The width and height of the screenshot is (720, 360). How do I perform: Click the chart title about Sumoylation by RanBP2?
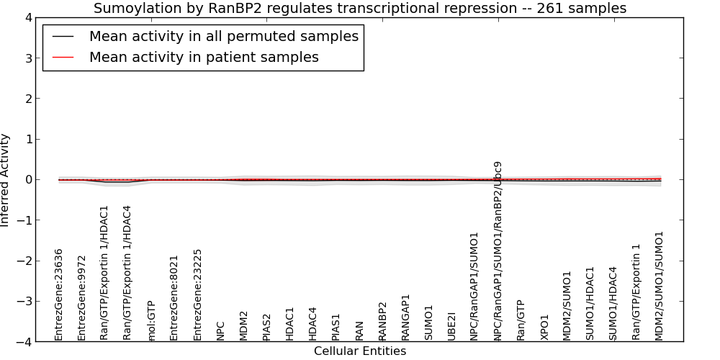360,8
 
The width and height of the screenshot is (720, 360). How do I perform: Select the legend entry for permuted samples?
224,36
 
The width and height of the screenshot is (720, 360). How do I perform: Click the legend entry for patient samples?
204,57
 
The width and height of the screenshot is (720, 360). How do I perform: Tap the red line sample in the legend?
63,58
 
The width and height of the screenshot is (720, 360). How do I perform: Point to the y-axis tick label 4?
29,18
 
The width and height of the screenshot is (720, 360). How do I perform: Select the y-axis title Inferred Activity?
4,180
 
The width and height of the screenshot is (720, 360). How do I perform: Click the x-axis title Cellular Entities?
360,351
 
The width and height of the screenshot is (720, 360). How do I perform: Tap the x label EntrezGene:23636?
58,294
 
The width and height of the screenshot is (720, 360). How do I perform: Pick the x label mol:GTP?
151,321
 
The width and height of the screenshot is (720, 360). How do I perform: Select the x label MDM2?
243,326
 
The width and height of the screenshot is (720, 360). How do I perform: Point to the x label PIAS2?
267,328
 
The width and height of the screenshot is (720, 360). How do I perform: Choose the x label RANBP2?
382,321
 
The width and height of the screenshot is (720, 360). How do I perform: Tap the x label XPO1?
544,328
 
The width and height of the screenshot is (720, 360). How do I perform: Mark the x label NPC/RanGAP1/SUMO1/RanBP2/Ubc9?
498,251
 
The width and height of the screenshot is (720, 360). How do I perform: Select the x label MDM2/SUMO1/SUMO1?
660,286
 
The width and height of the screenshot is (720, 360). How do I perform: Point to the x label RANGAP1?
405,318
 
